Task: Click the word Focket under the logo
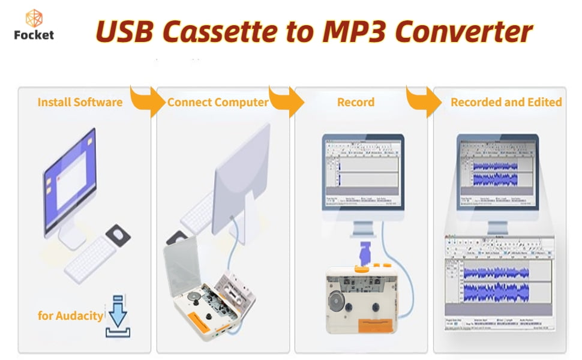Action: pos(34,35)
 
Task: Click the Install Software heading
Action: pos(80,102)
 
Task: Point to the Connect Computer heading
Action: pos(218,102)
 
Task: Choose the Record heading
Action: pos(356,102)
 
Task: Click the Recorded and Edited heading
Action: pos(506,102)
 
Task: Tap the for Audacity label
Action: pos(70,315)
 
